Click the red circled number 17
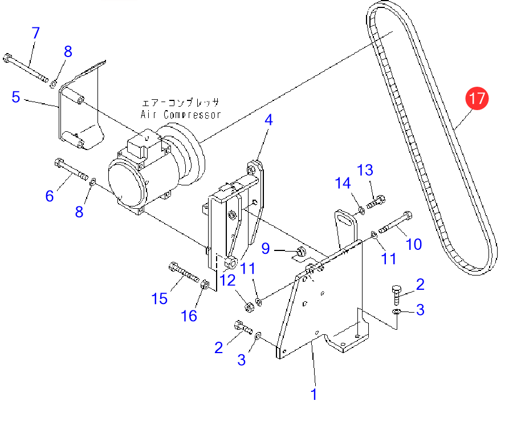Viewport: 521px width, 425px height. click(476, 98)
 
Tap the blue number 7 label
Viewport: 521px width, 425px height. click(36, 33)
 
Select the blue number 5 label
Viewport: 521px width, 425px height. click(16, 97)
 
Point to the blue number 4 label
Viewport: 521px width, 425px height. click(268, 120)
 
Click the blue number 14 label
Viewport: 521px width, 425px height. click(343, 183)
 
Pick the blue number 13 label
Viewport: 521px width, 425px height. click(365, 169)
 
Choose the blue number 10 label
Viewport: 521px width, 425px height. click(414, 244)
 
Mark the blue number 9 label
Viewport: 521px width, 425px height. click(265, 248)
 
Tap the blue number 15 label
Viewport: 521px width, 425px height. click(160, 298)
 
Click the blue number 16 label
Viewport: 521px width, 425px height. click(189, 315)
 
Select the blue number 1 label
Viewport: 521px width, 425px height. click(314, 394)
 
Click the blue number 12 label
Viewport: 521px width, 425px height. click(227, 280)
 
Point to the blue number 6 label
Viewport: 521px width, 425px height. click(50, 196)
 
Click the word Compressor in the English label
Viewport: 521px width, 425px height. click(192, 115)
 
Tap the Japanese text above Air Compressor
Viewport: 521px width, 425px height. click(180, 103)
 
